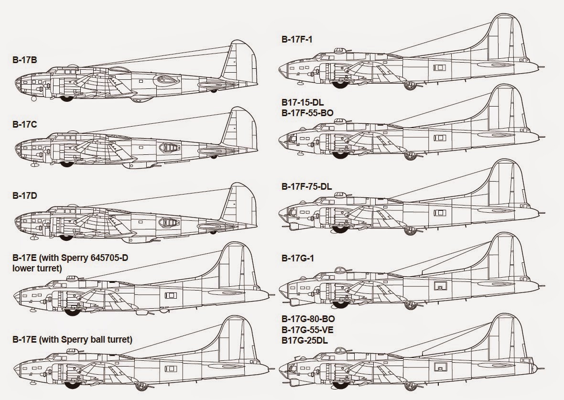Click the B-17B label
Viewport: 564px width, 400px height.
25,60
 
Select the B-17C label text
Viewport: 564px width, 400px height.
25,125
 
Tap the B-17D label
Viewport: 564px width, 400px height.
25,195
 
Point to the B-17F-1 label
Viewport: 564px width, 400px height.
297,39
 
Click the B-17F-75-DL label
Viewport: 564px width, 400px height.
306,186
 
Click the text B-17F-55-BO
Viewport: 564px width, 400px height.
307,113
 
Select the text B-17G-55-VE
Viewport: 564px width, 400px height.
308,329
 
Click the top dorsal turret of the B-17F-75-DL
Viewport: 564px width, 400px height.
339,195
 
